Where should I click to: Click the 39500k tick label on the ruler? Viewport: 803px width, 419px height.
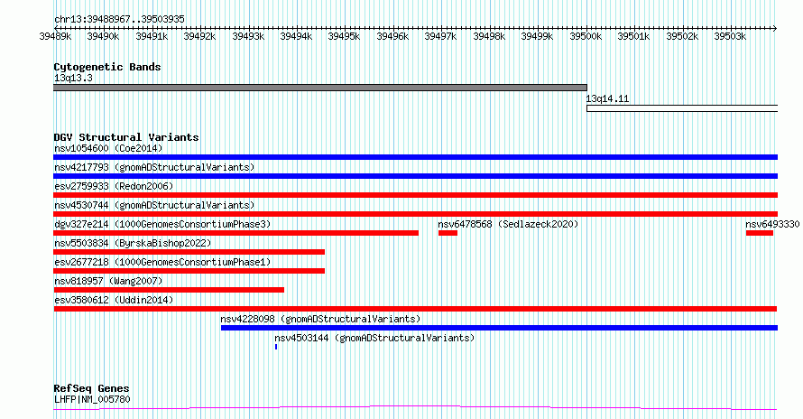586,36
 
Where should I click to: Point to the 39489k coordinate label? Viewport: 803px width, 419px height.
55,36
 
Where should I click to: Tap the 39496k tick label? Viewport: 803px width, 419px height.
392,36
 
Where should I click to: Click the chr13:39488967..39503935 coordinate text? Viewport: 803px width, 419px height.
119,19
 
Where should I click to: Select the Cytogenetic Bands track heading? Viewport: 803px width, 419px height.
107,67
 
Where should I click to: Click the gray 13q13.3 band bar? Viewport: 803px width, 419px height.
320,88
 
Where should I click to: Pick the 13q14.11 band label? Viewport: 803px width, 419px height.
607,98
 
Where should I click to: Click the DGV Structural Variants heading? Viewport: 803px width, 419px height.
126,137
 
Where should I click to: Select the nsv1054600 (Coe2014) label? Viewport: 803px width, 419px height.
108,148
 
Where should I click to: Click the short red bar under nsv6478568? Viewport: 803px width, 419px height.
448,233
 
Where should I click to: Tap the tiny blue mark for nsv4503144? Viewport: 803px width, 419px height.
276,347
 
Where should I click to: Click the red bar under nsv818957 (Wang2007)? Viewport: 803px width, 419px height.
169,290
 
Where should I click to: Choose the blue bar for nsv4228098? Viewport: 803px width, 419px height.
499,328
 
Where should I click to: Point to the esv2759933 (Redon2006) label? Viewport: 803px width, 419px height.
114,186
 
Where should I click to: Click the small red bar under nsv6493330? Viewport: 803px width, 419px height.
760,233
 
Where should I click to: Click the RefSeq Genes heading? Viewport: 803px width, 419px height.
91,388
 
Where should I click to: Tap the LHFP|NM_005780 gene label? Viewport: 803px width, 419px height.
92,399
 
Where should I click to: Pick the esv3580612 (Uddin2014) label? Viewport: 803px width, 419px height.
114,300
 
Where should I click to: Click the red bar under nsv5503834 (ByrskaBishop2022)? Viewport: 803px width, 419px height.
189,252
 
